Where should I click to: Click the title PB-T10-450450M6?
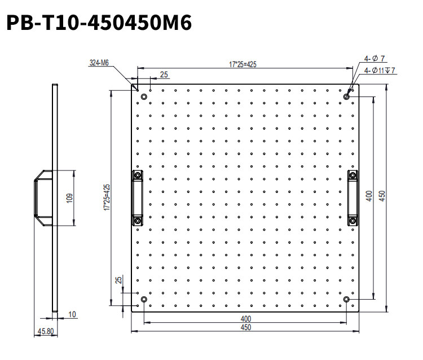pyautogui.click(x=99, y=23)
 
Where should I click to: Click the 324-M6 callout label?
pyautogui.click(x=99, y=63)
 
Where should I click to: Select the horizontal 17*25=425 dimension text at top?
pyautogui.click(x=243, y=64)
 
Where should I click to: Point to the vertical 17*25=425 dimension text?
pyautogui.click(x=107, y=197)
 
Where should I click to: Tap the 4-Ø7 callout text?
pyautogui.click(x=374, y=58)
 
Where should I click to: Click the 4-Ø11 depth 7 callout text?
pyautogui.click(x=380, y=71)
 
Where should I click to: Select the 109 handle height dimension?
pyautogui.click(x=69, y=198)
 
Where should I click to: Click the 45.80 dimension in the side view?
pyautogui.click(x=46, y=331)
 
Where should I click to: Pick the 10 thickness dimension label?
pyautogui.click(x=72, y=314)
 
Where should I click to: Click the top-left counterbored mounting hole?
pyautogui.click(x=144, y=96)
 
